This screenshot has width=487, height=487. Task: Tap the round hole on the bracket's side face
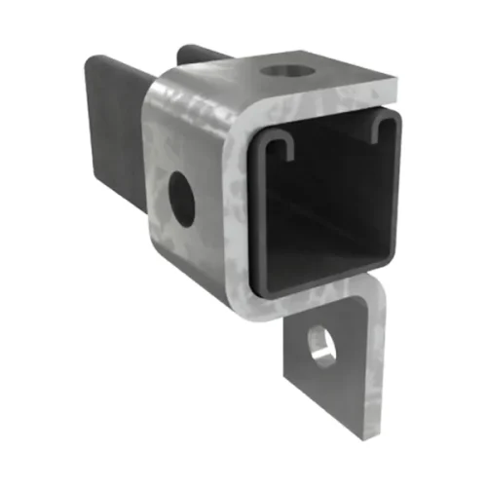point(180,192)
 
